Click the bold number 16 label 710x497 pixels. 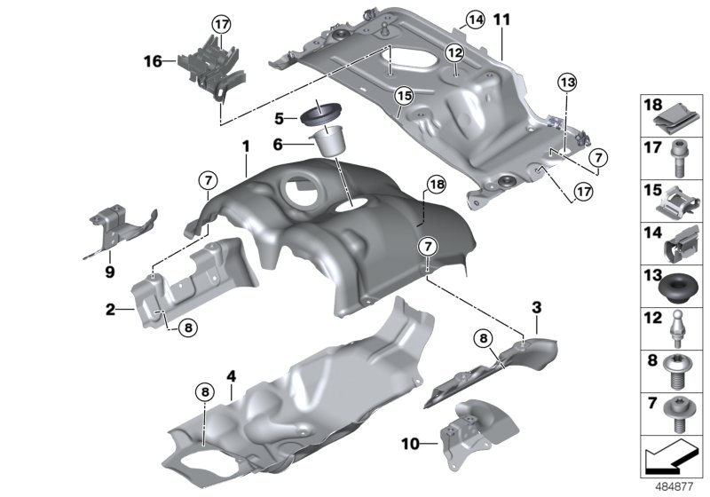click(153, 61)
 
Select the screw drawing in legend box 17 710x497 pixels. click(676, 159)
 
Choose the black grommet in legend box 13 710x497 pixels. click(676, 290)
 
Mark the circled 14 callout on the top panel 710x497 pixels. click(475, 19)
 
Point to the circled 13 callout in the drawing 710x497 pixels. click(566, 83)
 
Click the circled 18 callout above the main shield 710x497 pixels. click(434, 185)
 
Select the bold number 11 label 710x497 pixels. click(502, 19)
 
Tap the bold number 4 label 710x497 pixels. click(231, 377)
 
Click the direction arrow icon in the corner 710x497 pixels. click(667, 461)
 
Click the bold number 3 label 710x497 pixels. click(536, 307)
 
